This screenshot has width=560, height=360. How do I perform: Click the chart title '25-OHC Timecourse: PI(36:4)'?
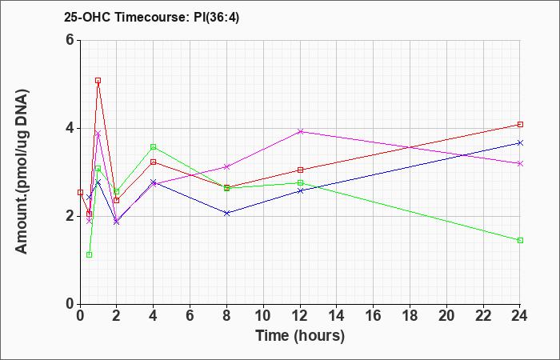[x=151, y=17]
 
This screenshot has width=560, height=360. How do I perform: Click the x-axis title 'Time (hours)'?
[x=300, y=336]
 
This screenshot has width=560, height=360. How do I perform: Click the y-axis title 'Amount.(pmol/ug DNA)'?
[x=22, y=171]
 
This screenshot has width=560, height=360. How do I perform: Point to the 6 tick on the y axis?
[x=70, y=40]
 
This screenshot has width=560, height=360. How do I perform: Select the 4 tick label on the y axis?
[x=70, y=128]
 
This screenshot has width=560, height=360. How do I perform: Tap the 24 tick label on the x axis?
[x=519, y=316]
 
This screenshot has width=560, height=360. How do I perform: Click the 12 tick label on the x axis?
[x=300, y=316]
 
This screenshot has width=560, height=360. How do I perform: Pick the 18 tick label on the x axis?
[x=410, y=316]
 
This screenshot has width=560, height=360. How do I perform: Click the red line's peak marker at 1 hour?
[x=98, y=80]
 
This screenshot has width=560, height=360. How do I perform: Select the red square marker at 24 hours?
[x=520, y=124]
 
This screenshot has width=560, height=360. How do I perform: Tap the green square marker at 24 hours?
[x=520, y=240]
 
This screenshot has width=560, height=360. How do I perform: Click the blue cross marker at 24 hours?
[x=520, y=143]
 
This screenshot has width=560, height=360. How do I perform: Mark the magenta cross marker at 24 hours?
[x=520, y=163]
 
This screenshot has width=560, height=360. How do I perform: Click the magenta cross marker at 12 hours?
[x=300, y=131]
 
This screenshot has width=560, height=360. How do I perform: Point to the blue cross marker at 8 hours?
[x=226, y=214]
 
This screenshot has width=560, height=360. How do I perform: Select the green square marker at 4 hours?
[x=154, y=146]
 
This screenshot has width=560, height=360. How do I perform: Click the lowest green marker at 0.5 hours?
[x=90, y=254]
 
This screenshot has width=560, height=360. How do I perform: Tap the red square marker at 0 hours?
[x=80, y=193]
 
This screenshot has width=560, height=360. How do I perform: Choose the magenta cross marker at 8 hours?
[x=226, y=166]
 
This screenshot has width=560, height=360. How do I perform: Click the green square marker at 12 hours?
[x=300, y=183]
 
